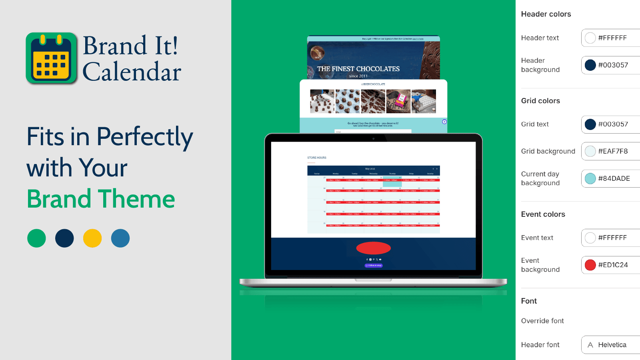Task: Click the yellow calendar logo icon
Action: pos(51,58)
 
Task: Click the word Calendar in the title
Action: pos(132,72)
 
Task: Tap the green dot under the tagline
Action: pos(36,238)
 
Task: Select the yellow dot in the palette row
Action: pos(92,238)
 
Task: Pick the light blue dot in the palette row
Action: pos(120,238)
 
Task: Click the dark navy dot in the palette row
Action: pos(64,238)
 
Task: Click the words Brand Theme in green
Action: pos(101,199)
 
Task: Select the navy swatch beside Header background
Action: pos(590,65)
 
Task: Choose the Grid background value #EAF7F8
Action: pos(613,151)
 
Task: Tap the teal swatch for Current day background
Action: pos(590,178)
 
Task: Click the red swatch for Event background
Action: pos(590,265)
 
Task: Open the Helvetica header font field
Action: pos(612,345)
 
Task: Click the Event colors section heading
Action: pos(543,214)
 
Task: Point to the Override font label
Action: pos(542,321)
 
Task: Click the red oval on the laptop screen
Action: pos(373,248)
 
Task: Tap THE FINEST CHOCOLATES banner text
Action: pos(358,69)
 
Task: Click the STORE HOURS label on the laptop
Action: pos(317,158)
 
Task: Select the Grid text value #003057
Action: pos(613,124)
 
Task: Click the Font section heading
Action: pos(529,301)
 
